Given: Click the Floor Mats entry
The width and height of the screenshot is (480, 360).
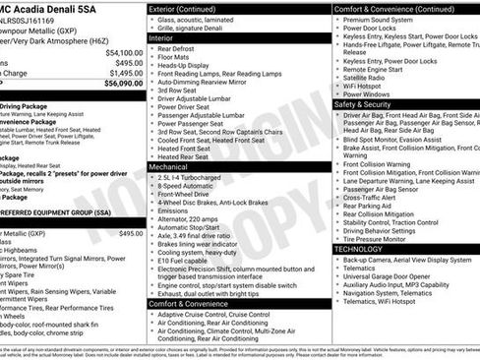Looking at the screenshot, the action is point(179,62).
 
